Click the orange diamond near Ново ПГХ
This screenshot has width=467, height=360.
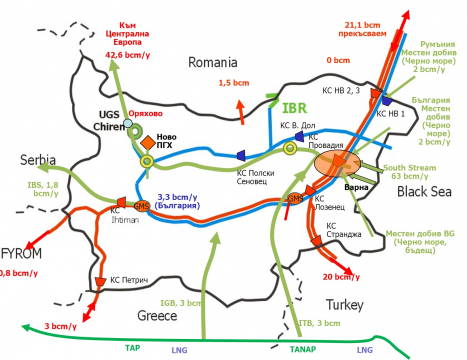coord(143,142)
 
